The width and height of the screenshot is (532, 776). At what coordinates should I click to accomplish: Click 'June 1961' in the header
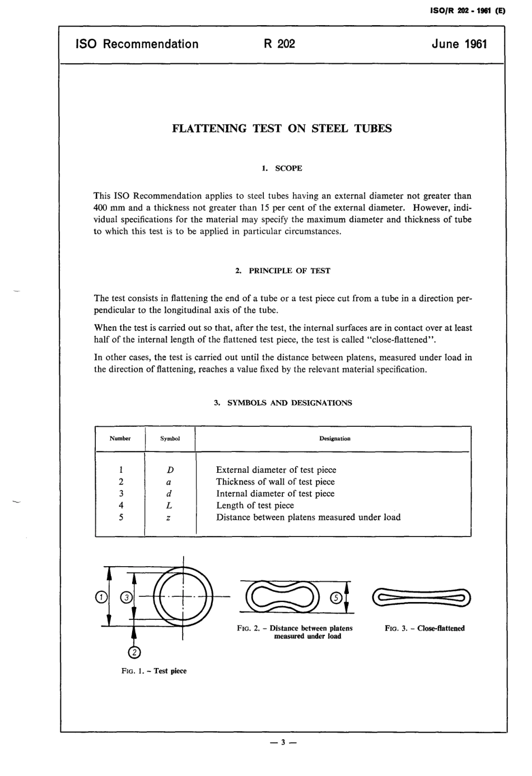(x=459, y=44)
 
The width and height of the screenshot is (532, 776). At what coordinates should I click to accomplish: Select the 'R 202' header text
(x=279, y=44)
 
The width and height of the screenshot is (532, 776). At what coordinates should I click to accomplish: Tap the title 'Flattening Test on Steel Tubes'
(x=282, y=128)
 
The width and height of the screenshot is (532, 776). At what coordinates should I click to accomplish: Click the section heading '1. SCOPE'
(x=282, y=168)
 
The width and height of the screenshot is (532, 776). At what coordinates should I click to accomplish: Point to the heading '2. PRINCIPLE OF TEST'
(x=282, y=271)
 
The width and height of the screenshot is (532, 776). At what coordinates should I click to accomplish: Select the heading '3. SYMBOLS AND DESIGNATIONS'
(x=283, y=402)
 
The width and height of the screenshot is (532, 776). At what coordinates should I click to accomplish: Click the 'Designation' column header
(x=334, y=439)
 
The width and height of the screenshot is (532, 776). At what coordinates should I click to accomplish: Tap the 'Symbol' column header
(x=170, y=439)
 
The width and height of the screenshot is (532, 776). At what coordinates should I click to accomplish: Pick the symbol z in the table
(x=169, y=518)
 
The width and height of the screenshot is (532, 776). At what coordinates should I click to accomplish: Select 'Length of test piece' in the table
(x=255, y=505)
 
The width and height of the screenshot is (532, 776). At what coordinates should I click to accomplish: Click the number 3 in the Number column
(x=121, y=493)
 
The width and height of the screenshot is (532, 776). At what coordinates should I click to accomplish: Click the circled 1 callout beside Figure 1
(x=101, y=598)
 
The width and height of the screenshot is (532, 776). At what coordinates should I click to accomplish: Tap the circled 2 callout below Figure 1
(x=134, y=652)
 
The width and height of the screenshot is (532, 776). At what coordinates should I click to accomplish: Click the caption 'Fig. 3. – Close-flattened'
(x=424, y=628)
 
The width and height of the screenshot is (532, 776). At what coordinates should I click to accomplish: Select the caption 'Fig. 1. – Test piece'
(x=153, y=671)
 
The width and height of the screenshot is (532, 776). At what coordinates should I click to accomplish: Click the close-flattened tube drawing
(x=421, y=598)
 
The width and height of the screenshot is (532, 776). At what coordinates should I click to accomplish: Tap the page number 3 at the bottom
(x=283, y=742)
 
